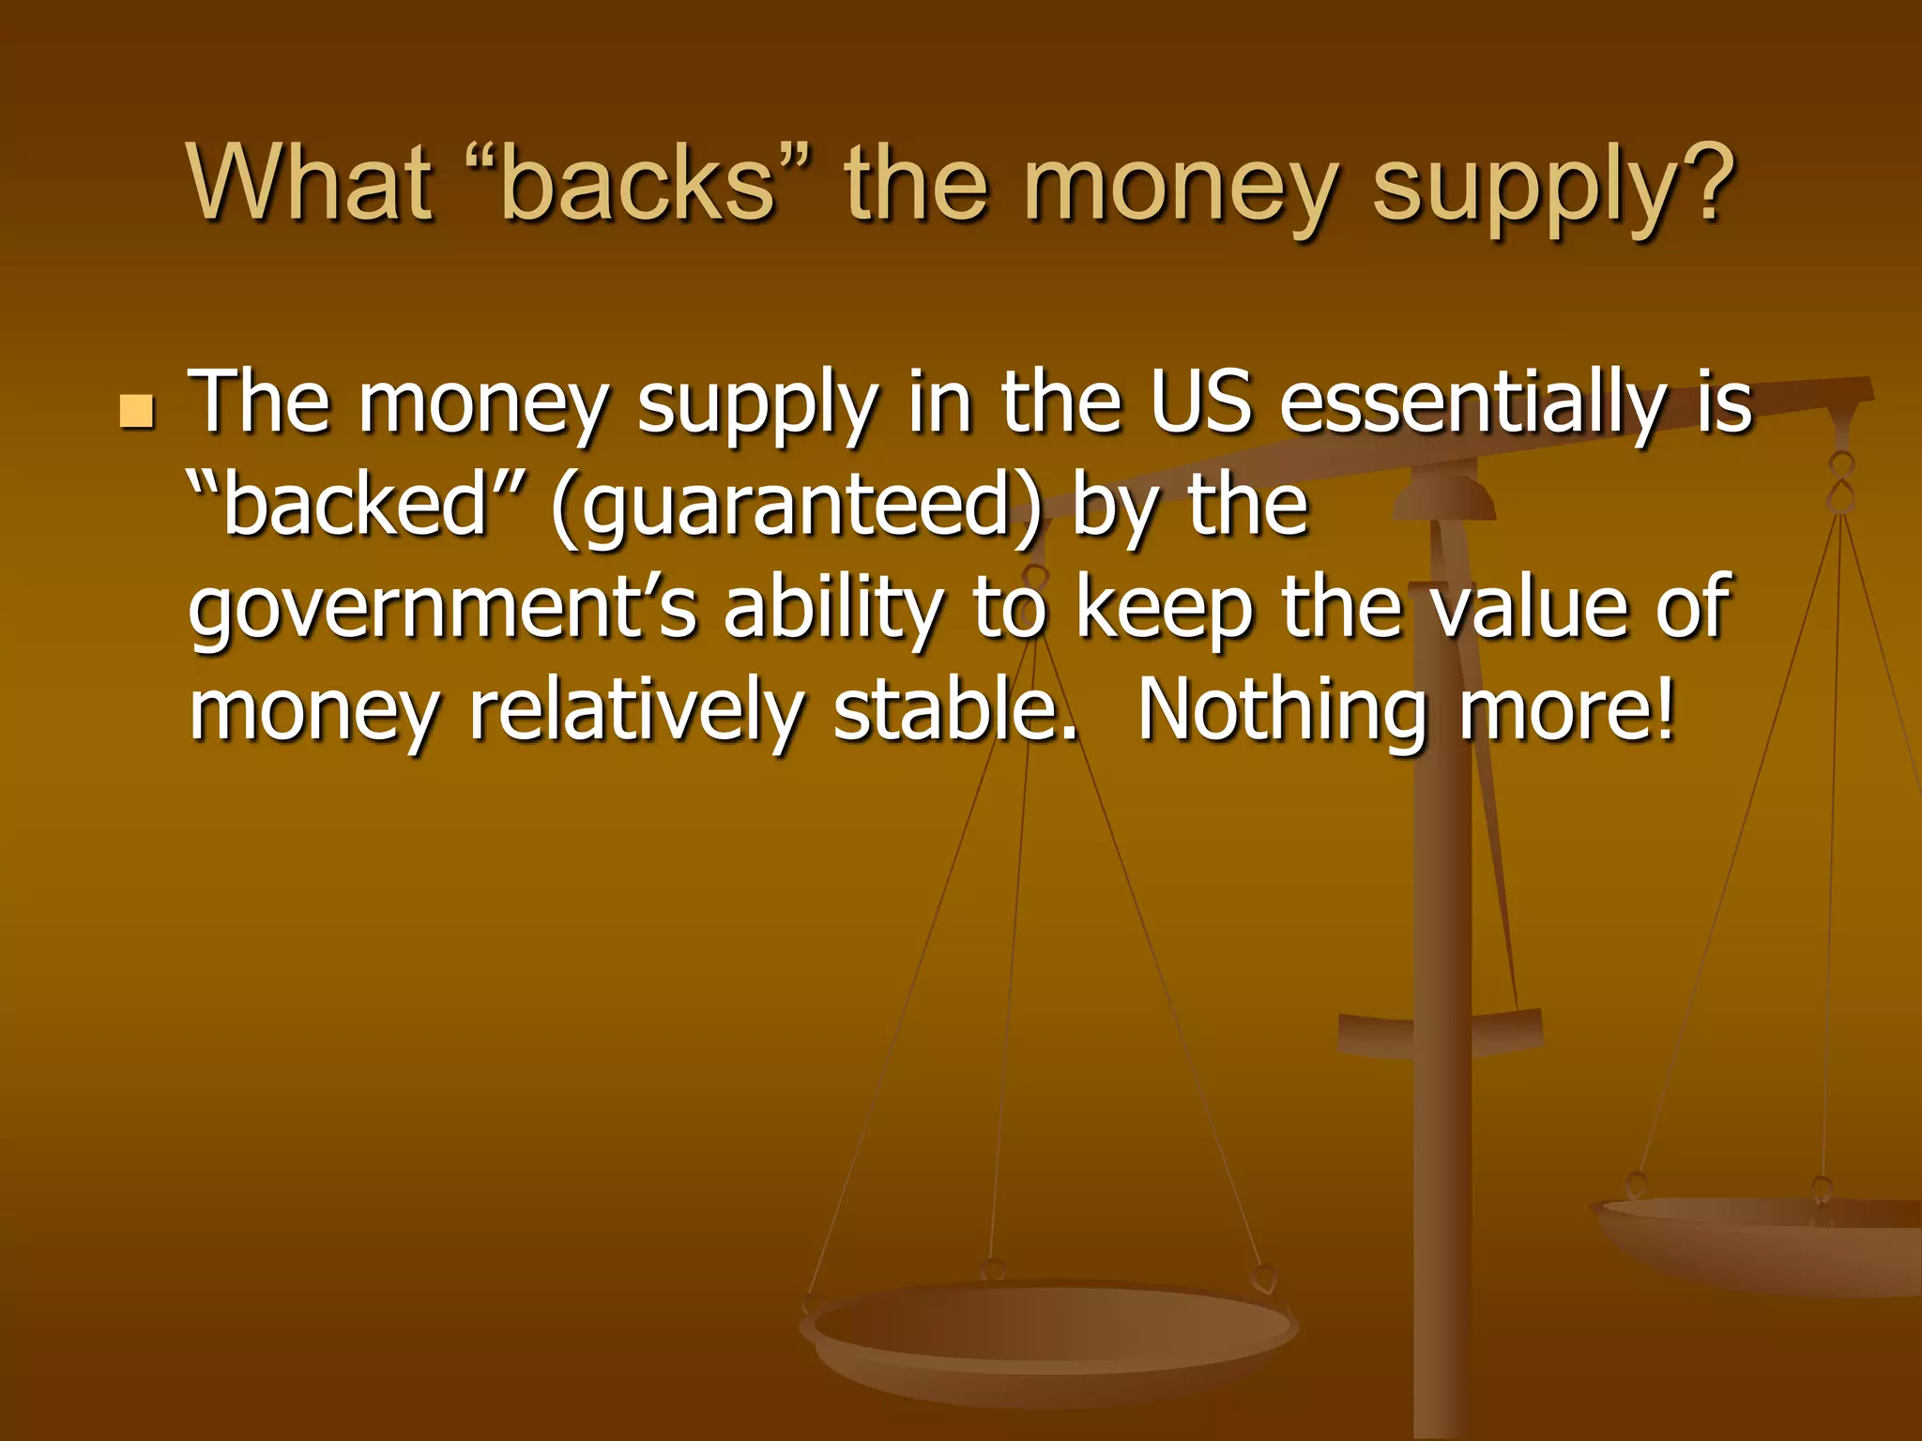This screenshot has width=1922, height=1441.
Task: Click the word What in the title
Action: (x=310, y=183)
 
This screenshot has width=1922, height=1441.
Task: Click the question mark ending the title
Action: (x=1703, y=183)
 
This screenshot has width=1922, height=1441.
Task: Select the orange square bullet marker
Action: (x=137, y=411)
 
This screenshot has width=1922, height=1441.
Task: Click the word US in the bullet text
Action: (x=1201, y=403)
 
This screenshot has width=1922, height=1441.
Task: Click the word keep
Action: (x=1164, y=610)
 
